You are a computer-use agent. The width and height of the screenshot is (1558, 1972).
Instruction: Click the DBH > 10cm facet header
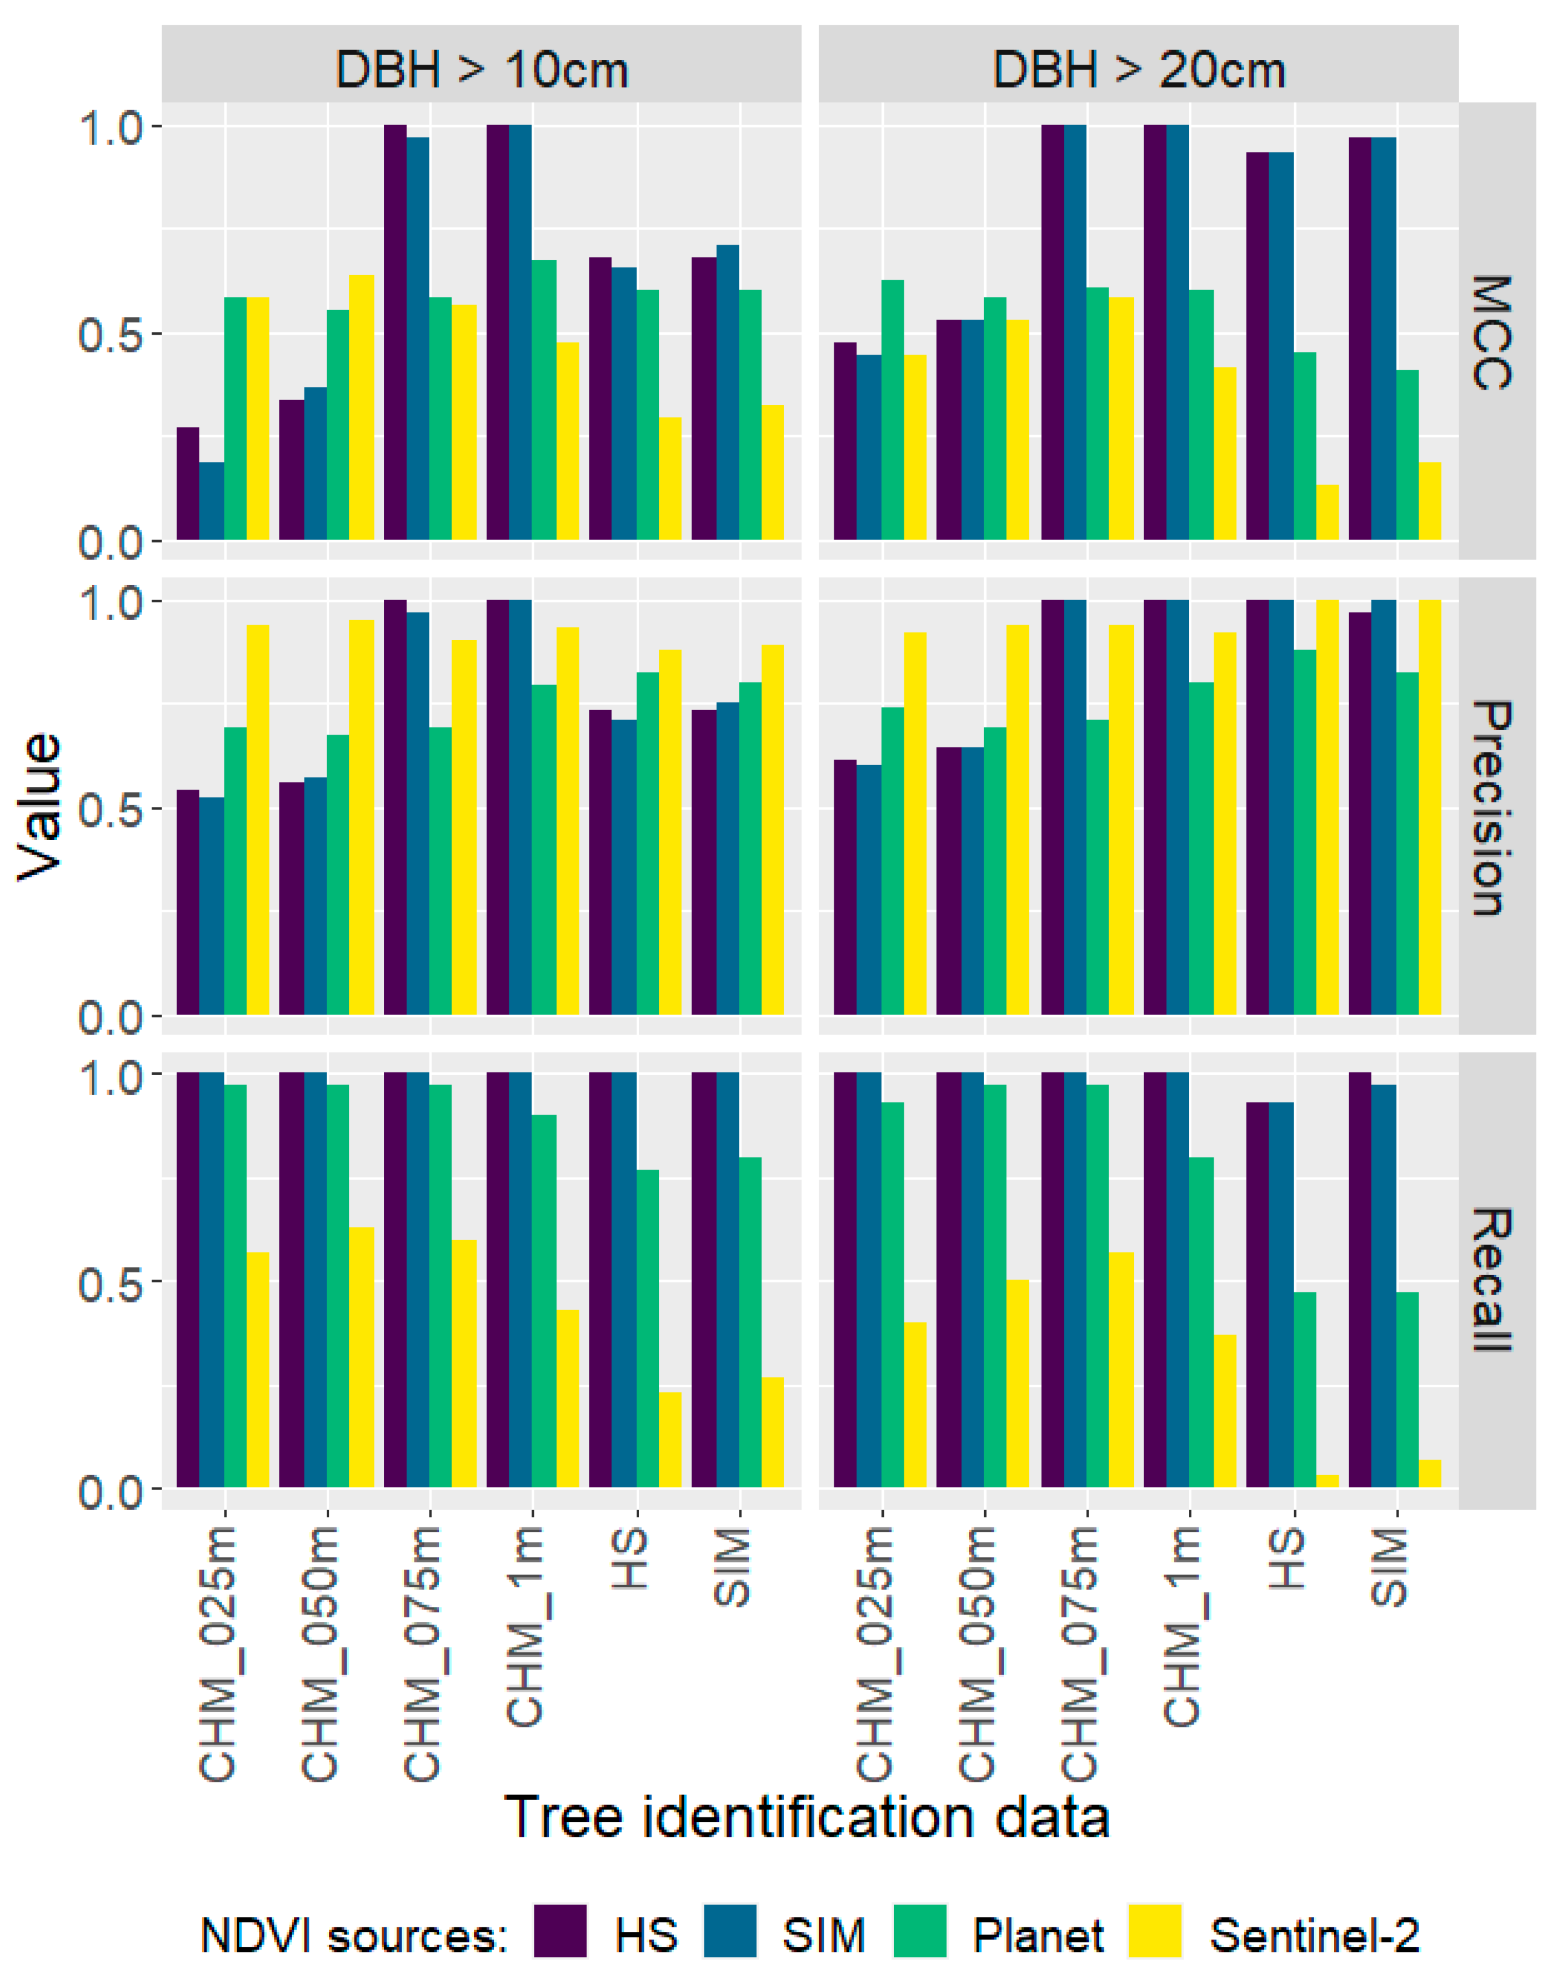click(x=481, y=70)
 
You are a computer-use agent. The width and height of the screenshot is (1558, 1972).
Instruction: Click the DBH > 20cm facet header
click(x=1138, y=70)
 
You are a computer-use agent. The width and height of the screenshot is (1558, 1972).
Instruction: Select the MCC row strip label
click(x=1495, y=332)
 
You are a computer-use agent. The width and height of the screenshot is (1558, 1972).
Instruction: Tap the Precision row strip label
click(x=1495, y=807)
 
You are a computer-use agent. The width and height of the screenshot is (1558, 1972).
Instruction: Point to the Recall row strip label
click(x=1495, y=1279)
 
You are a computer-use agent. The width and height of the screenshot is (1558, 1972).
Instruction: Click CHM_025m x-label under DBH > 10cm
click(x=218, y=1654)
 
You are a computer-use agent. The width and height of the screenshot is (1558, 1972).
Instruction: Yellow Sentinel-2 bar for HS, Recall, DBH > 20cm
click(x=1327, y=1480)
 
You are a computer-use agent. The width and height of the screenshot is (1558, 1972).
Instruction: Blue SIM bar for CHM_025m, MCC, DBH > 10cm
click(x=211, y=501)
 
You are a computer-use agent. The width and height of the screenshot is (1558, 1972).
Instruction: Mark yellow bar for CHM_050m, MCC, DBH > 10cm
click(x=361, y=407)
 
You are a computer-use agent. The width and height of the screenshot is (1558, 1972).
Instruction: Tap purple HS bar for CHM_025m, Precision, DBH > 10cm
click(x=188, y=902)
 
